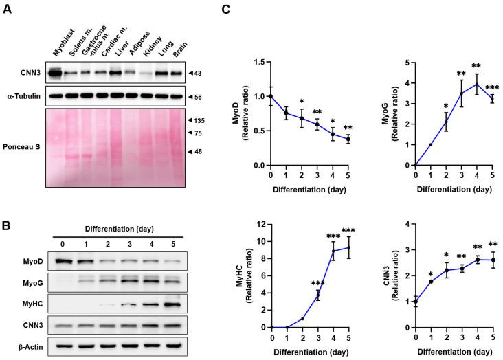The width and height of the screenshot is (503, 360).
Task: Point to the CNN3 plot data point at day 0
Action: coord(415,302)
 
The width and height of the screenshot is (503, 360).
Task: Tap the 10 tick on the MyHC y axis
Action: coord(259,241)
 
